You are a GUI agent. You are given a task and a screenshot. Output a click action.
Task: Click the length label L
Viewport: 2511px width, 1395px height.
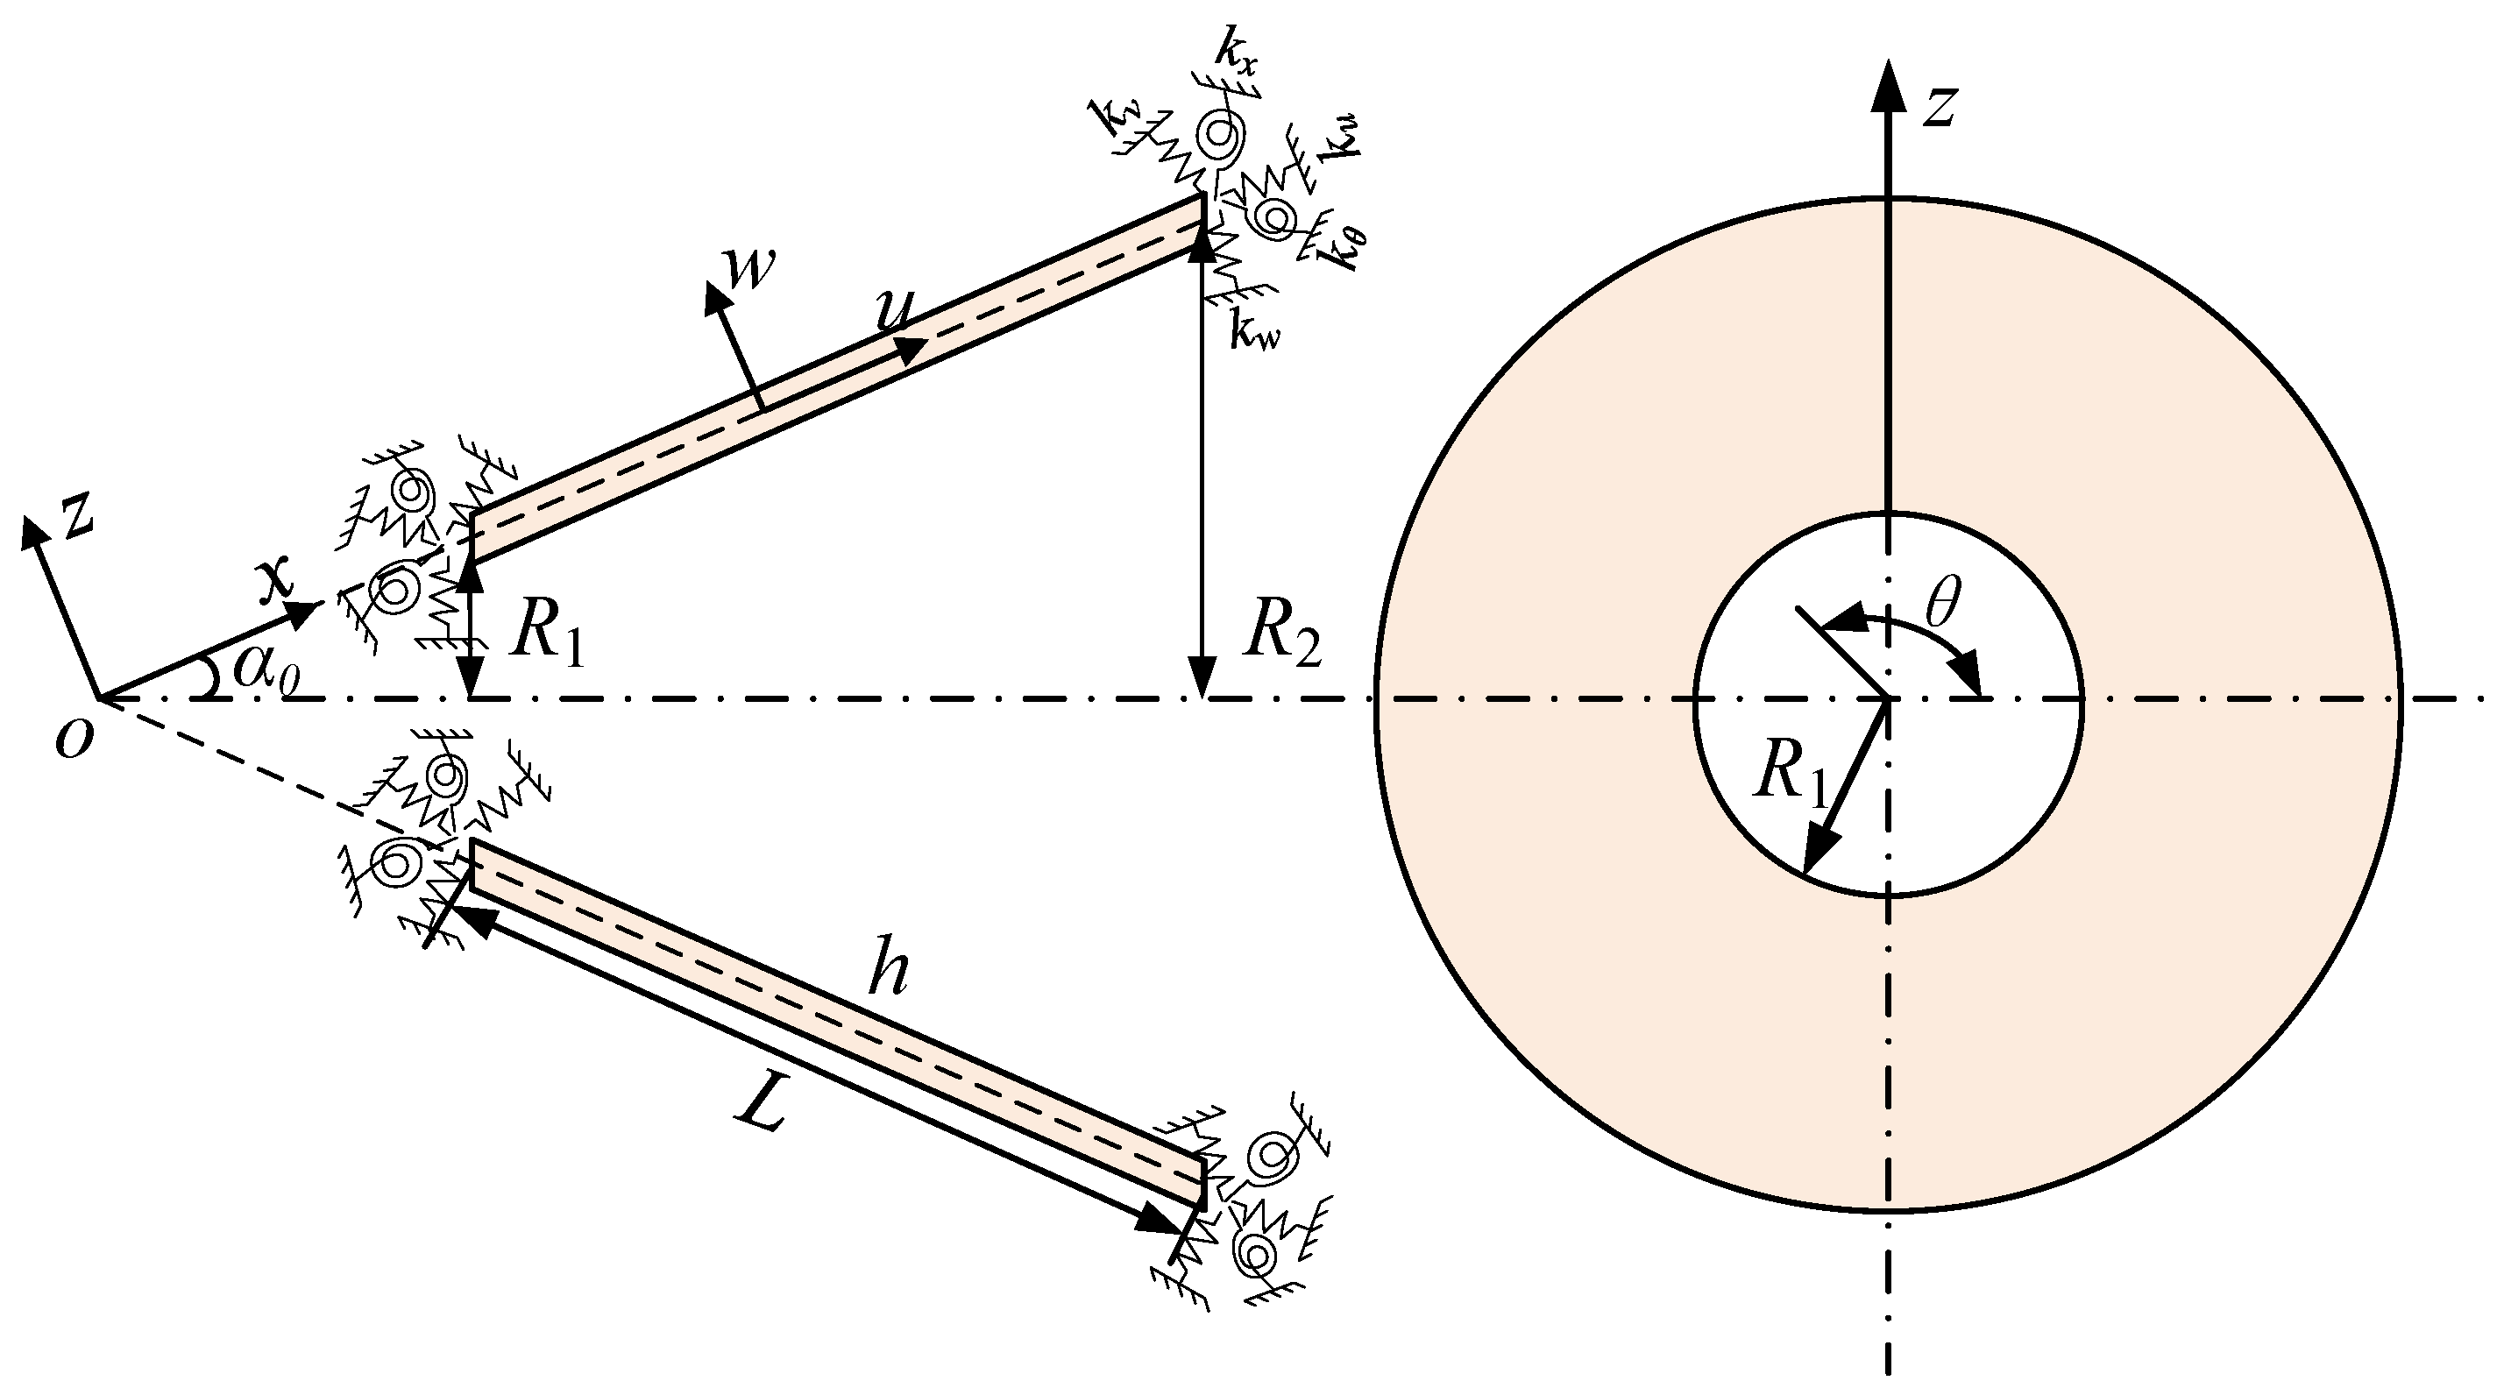click(x=763, y=1108)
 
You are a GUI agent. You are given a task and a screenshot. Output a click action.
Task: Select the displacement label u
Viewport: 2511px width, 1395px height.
click(x=893, y=310)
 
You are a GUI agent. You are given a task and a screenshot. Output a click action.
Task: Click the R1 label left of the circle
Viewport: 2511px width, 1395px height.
click(x=549, y=639)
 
